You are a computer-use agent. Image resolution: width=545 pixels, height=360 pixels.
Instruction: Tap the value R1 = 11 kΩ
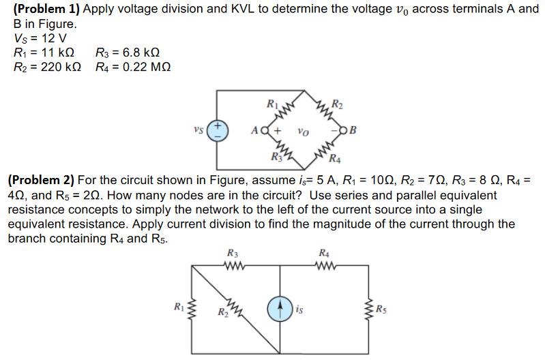coord(43,53)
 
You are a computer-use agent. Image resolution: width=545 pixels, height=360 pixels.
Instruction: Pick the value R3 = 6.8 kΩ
coord(128,53)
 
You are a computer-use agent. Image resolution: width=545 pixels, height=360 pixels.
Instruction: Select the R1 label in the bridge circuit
coord(271,104)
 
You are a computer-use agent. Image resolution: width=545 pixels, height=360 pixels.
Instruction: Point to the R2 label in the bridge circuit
coord(336,104)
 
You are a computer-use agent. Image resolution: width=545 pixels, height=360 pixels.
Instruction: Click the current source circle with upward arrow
coord(281,310)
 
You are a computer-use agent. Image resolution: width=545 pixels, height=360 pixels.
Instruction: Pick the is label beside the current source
coord(301,311)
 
